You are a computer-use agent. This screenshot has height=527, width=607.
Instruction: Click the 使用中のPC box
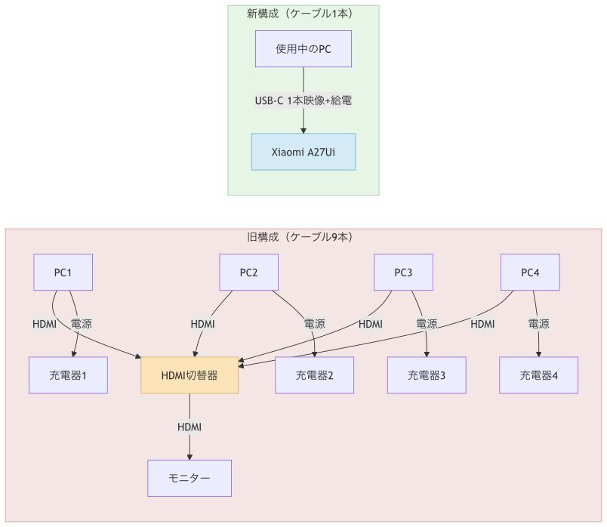pyautogui.click(x=303, y=49)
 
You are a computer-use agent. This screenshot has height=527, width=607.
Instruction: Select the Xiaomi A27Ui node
pyautogui.click(x=303, y=152)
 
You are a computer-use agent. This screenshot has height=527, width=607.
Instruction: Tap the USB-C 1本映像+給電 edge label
pyautogui.click(x=303, y=100)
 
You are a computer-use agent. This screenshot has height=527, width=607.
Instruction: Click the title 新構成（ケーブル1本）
pyautogui.click(x=303, y=14)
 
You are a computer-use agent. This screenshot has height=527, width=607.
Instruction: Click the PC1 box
pyautogui.click(x=63, y=273)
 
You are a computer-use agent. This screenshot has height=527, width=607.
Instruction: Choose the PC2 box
pyautogui.click(x=249, y=273)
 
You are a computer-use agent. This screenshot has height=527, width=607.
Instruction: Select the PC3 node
pyautogui.click(x=404, y=273)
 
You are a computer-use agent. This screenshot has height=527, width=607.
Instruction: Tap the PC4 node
pyautogui.click(x=531, y=273)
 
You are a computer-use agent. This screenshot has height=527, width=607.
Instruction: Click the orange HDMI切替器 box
pyautogui.click(x=189, y=375)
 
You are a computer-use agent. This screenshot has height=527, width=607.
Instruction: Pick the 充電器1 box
pyautogui.click(x=68, y=375)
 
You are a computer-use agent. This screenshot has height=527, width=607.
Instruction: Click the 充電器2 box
pyautogui.click(x=315, y=375)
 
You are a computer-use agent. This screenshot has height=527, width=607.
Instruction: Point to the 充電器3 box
pyautogui.click(x=427, y=375)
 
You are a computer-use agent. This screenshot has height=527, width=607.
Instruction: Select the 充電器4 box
pyautogui.click(x=539, y=375)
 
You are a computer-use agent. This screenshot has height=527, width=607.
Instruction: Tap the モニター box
pyautogui.click(x=189, y=478)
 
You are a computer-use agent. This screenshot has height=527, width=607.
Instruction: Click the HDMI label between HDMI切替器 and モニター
pyautogui.click(x=189, y=427)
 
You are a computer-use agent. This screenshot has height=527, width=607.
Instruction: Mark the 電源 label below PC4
pyautogui.click(x=538, y=324)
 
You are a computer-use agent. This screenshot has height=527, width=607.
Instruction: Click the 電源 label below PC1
pyautogui.click(x=82, y=324)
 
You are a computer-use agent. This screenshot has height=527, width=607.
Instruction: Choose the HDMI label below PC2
pyautogui.click(x=203, y=324)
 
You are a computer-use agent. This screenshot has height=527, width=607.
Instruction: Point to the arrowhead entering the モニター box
pyautogui.click(x=189, y=456)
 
